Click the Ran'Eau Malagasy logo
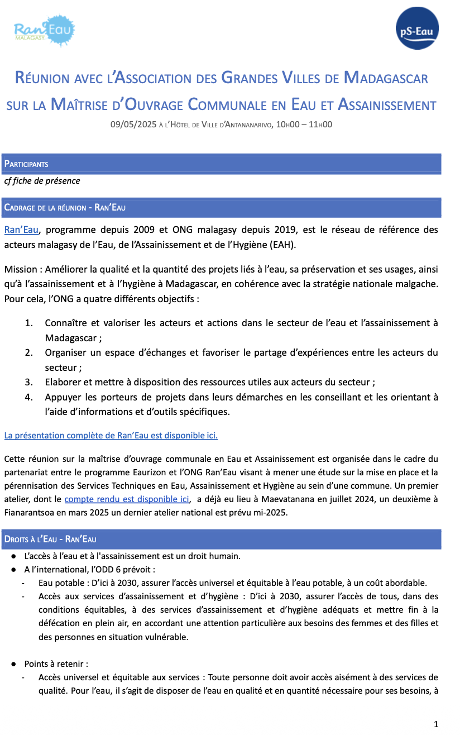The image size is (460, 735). pyautogui.click(x=44, y=31)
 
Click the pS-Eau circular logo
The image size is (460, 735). pyautogui.click(x=416, y=28)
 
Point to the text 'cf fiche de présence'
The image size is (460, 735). pyautogui.click(x=42, y=181)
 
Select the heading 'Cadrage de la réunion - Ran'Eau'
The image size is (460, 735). pyautogui.click(x=65, y=208)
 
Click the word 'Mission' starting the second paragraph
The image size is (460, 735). pyautogui.click(x=20, y=270)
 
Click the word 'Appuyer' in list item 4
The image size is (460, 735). pyautogui.click(x=62, y=397)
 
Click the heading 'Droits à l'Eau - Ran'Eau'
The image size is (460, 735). pyautogui.click(x=50, y=540)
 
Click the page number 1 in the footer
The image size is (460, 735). pyautogui.click(x=436, y=724)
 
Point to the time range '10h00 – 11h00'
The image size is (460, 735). pyautogui.click(x=304, y=125)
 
